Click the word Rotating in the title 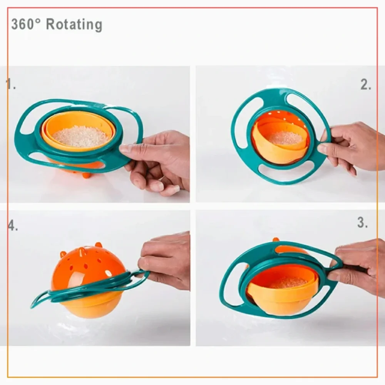tap(74, 25)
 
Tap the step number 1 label tap(10, 84)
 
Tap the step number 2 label tap(366, 84)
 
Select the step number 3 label tap(362, 223)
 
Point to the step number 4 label tap(13, 225)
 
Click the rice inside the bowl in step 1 tap(80, 136)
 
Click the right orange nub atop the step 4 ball tap(99, 245)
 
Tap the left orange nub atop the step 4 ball tap(64, 254)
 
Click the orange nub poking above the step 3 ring tap(276, 239)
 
